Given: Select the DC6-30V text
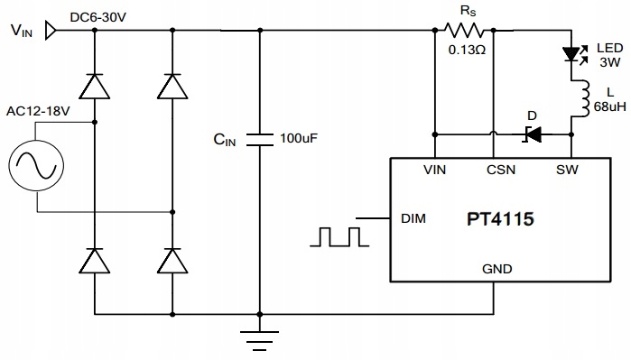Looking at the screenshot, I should [98, 17].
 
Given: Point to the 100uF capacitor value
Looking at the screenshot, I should [299, 139].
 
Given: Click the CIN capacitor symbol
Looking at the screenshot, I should [260, 139].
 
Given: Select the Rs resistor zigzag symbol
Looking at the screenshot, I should [467, 31].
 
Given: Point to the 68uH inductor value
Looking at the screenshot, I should [606, 106].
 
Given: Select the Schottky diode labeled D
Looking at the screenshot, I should [533, 134].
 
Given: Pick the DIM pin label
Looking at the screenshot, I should [413, 218].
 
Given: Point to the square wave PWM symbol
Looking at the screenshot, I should [339, 236].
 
